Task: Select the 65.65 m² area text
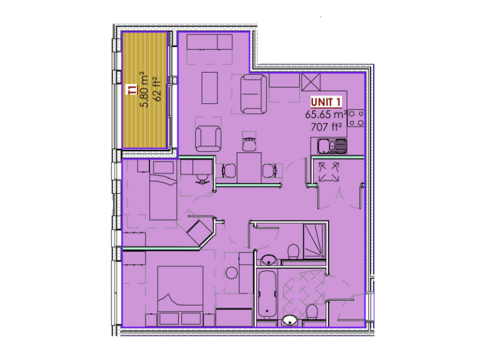pyautogui.click(x=326, y=115)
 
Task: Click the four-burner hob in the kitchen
pyautogui.click(x=356, y=118)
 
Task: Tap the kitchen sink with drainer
pyautogui.click(x=331, y=147)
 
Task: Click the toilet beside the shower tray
pyautogui.click(x=292, y=251)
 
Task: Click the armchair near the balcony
pyautogui.click(x=207, y=138)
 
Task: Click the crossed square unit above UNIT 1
pyautogui.click(x=311, y=82)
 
